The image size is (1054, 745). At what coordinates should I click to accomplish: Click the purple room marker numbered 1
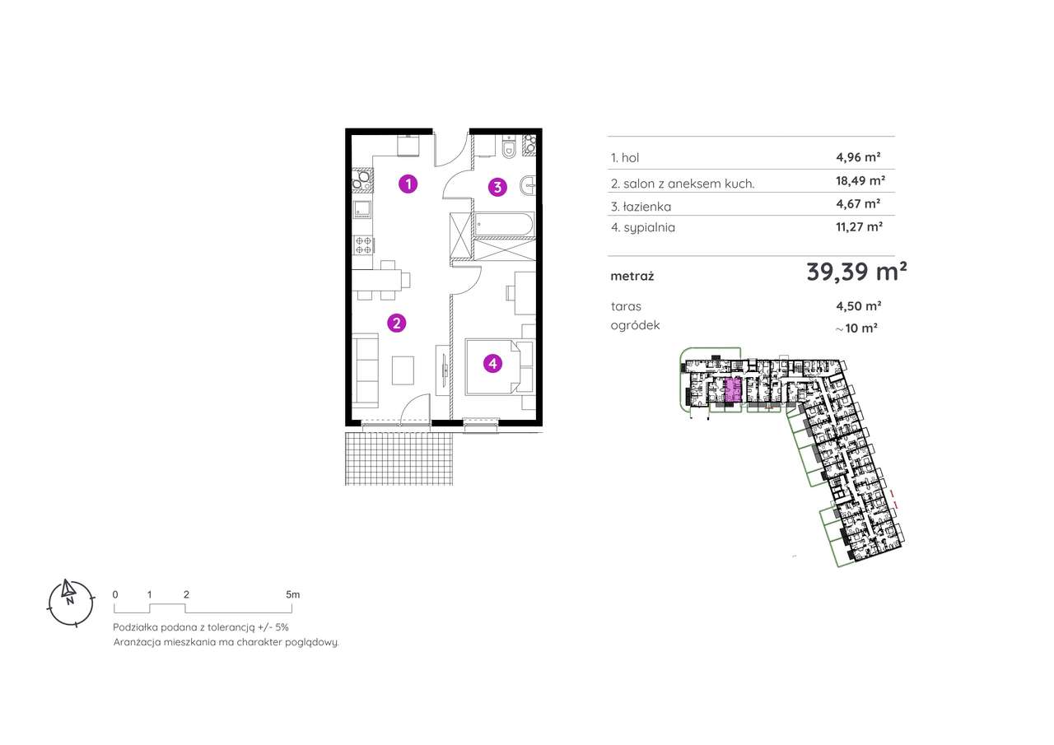(407, 184)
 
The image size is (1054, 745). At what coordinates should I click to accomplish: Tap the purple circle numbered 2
(396, 324)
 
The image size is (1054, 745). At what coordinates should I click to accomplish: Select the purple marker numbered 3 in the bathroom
(497, 187)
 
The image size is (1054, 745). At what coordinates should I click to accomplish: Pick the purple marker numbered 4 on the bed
(492, 363)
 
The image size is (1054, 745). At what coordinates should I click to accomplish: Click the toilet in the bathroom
(509, 148)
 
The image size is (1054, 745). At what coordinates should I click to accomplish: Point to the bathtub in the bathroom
(503, 223)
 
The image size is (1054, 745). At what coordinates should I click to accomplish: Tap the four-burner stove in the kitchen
(362, 243)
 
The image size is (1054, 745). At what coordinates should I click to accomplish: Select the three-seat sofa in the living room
(365, 369)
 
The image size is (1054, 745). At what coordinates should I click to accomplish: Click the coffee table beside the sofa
(403, 370)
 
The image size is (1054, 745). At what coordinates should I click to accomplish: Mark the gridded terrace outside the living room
(399, 458)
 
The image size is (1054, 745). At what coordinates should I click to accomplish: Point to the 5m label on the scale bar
(292, 594)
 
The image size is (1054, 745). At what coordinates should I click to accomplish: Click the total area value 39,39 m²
(856, 272)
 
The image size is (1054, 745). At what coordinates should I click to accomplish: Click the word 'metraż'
(632, 277)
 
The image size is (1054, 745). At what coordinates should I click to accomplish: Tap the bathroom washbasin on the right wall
(528, 185)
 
